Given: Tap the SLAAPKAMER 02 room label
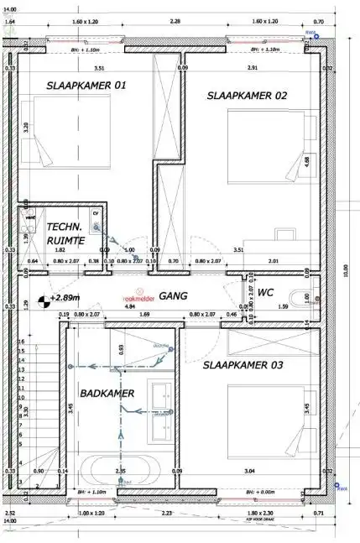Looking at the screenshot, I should [x=247, y=96].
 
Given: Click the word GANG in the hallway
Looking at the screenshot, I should [x=172, y=296].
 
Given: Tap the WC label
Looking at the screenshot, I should [x=265, y=293].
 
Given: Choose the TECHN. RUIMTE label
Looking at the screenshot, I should [x=65, y=233].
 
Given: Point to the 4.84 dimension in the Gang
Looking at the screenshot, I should [x=128, y=307].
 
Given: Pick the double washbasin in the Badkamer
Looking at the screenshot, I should [x=160, y=409].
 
